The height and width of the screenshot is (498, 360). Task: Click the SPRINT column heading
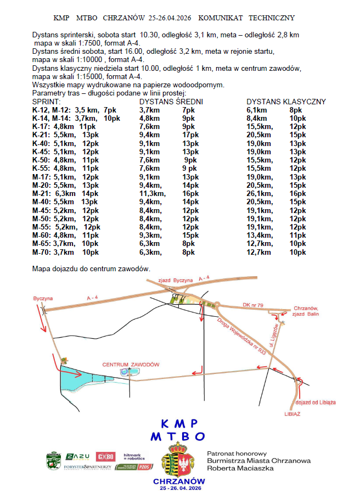coord(46,102)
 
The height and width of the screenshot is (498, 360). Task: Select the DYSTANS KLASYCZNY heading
coord(286,102)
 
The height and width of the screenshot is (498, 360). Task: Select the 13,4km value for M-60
coord(260,234)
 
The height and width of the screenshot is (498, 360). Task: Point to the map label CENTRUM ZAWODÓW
coord(131,364)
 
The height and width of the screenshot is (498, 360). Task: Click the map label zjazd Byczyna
coord(176,280)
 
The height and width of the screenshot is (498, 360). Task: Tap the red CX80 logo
coord(105,456)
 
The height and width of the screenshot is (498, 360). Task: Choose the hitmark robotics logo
coord(134,456)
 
